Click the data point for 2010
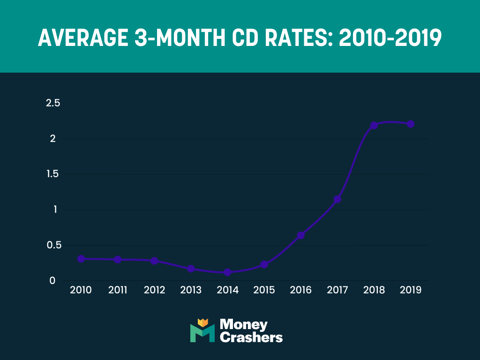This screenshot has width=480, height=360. pyautogui.click(x=81, y=259)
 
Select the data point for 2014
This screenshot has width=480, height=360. pyautogui.click(x=227, y=272)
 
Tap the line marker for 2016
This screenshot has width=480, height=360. pyautogui.click(x=301, y=235)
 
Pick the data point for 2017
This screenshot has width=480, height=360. pyautogui.click(x=337, y=199)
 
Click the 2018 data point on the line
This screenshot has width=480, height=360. pyautogui.click(x=374, y=125)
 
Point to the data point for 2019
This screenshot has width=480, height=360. pyautogui.click(x=411, y=124)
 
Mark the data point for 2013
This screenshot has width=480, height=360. pyautogui.click(x=191, y=269)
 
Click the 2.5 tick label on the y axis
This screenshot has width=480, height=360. pyautogui.click(x=53, y=103)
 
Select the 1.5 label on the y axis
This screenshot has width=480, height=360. pyautogui.click(x=53, y=174)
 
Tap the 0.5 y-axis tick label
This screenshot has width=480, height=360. pyautogui.click(x=53, y=245)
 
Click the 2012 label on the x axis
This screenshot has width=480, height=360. pyautogui.click(x=154, y=290)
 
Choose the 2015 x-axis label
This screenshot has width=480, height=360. pyautogui.click(x=264, y=290)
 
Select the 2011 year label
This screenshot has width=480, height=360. pyautogui.click(x=118, y=290)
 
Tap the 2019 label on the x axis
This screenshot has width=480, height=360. pyautogui.click(x=411, y=290)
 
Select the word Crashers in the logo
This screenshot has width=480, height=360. pyautogui.click(x=251, y=337)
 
